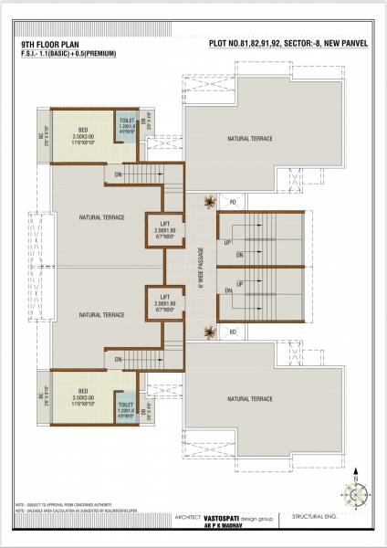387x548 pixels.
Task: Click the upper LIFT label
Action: click(165, 223)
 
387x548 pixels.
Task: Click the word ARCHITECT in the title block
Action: click(188, 513)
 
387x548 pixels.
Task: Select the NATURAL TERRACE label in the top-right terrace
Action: click(247, 138)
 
